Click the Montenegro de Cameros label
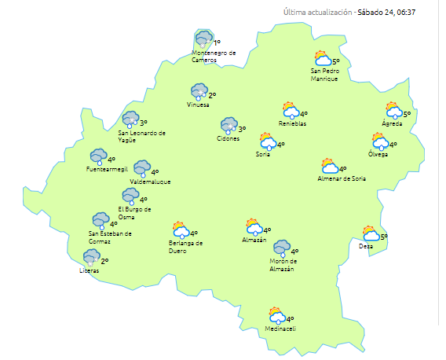(x=214, y=56)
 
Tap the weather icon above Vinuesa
(x=199, y=92)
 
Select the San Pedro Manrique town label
(x=324, y=75)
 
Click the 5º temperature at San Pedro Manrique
(x=335, y=61)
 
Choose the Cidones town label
(x=228, y=138)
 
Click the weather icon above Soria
(x=268, y=141)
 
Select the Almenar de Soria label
(x=342, y=178)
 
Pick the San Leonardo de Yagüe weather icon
(x=131, y=119)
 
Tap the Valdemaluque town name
(x=151, y=182)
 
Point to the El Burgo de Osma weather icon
(x=130, y=196)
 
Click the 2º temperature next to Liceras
(x=104, y=261)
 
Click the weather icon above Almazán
(x=254, y=227)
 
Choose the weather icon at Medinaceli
(x=276, y=316)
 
